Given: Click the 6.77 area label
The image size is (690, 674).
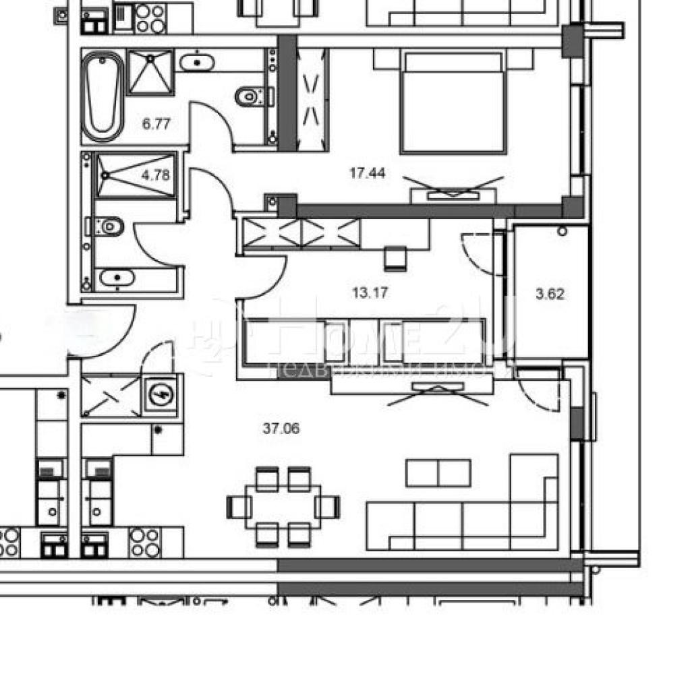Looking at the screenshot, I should point(156,123).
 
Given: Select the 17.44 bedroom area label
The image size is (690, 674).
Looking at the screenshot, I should point(367,173).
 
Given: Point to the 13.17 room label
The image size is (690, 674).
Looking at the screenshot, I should point(371,293).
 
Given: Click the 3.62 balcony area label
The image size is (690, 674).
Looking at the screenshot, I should point(550,294).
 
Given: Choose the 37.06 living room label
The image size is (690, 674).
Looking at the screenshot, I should point(280,427).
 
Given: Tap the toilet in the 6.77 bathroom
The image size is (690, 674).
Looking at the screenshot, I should point(250,97).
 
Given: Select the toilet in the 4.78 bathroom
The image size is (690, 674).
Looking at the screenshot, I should point(107,226).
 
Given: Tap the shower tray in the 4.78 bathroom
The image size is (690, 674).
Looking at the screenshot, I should point(135,175).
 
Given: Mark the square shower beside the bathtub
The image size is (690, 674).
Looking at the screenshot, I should point(150,71).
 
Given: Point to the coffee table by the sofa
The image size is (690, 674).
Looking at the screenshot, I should point(438,472).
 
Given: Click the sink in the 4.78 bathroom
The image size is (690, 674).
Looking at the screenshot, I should point(117,277).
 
